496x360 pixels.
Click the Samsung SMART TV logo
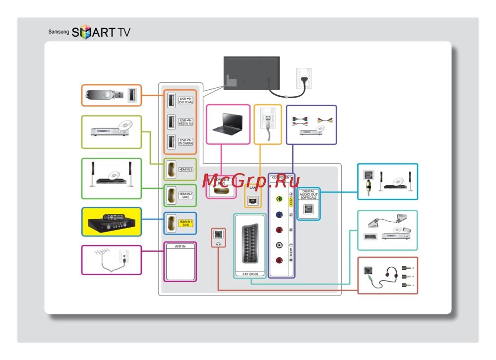[x=89, y=33]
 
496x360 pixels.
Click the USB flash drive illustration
[x=102, y=95]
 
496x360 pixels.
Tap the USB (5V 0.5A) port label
[x=186, y=101]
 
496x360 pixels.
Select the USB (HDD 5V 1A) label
[x=186, y=122]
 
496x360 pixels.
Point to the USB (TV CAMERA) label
[x=186, y=142]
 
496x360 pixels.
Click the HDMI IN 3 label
[x=186, y=170]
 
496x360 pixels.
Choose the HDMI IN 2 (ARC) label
[x=186, y=195]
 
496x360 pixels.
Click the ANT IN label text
[x=180, y=246]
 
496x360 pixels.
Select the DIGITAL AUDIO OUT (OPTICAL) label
[x=308, y=194]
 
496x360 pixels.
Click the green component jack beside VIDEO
[x=280, y=199]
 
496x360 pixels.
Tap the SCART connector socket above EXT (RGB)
[x=250, y=245]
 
